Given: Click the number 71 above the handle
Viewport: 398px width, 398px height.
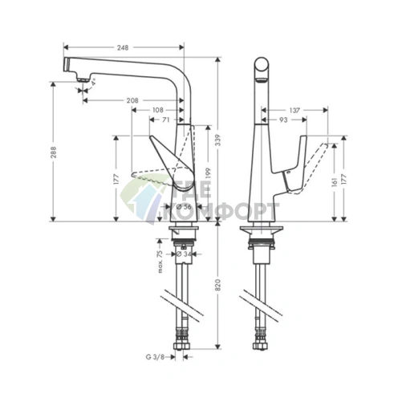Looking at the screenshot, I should (x=164, y=120).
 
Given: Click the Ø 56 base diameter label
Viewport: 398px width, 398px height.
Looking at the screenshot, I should (x=185, y=207).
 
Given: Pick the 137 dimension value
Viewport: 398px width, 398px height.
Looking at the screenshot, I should (x=296, y=109).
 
